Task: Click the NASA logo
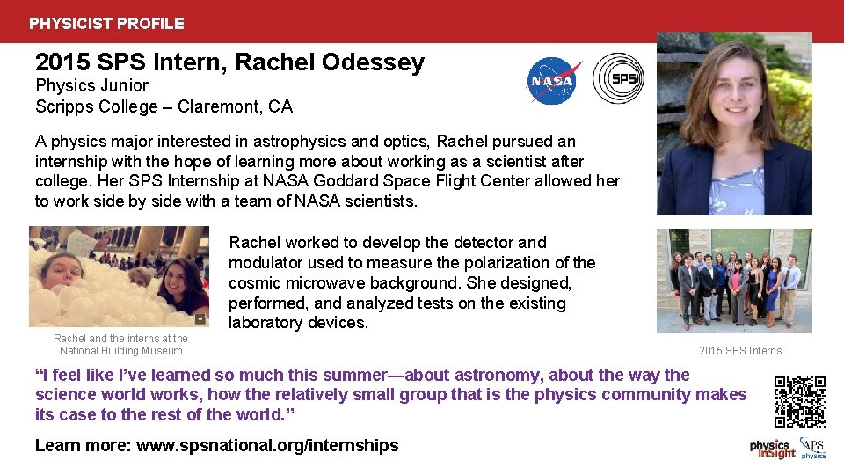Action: [x=554, y=80]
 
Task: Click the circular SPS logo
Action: [x=618, y=78]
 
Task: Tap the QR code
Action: [x=799, y=401]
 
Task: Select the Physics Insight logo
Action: [x=772, y=449]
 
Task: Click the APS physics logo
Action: [x=813, y=449]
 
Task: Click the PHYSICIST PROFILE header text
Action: [x=106, y=24]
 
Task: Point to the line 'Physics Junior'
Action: [x=91, y=86]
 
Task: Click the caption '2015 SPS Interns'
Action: [x=740, y=351]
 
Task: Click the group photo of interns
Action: [x=734, y=281]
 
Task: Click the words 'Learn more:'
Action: [x=83, y=446]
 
